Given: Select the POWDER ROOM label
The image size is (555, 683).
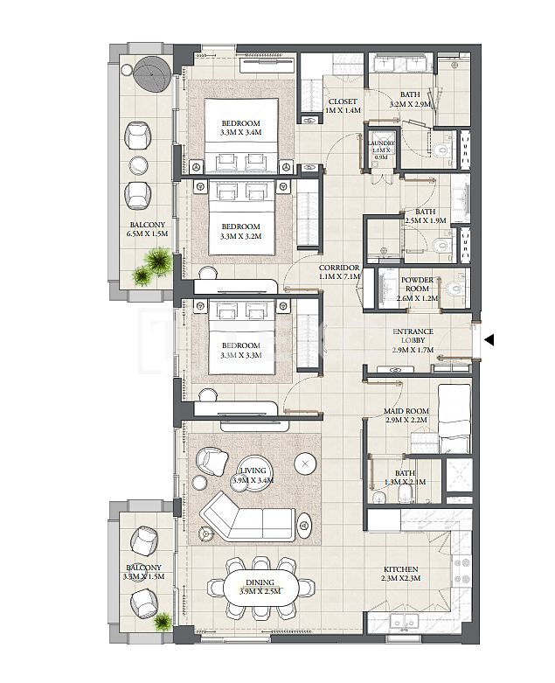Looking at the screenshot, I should pos(417,289).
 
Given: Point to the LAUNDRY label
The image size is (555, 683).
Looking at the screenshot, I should pos(381,149).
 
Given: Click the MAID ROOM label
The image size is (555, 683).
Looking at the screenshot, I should pos(405,415).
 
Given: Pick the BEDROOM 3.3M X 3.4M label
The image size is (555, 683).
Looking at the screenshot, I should pos(241,128).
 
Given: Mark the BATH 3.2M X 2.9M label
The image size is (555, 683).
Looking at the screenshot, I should pos(410,100).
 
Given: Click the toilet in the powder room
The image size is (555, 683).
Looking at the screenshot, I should pos(452,290).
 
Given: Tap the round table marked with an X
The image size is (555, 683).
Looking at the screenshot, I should pos(305,463).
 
